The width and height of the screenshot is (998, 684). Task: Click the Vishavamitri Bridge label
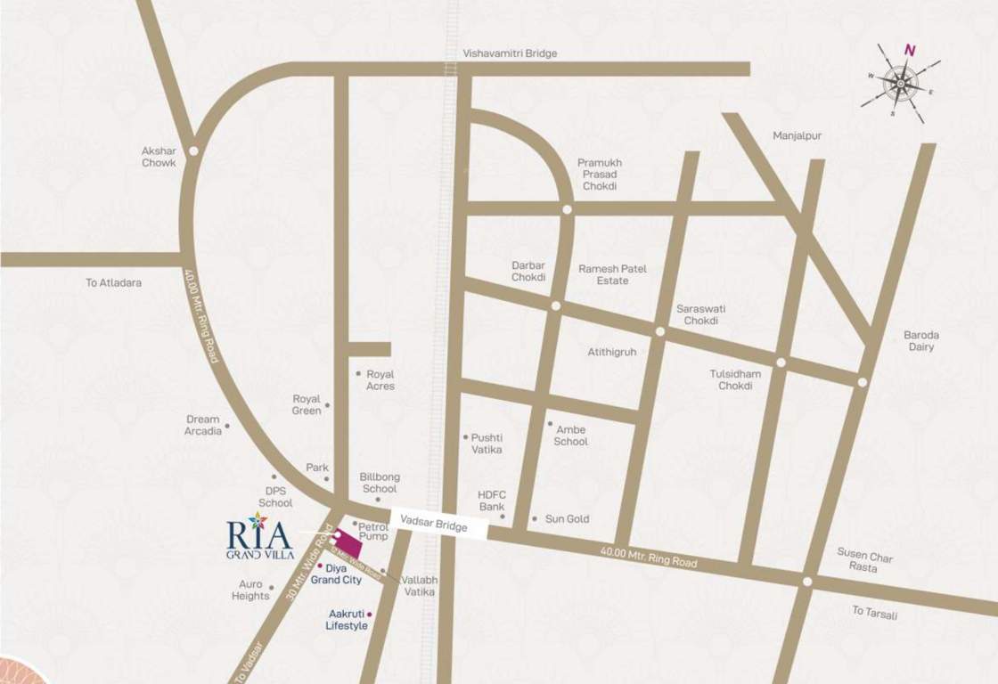(510, 53)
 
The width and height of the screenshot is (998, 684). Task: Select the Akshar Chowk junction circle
(193, 151)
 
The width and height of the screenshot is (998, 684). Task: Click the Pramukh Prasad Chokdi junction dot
(567, 209)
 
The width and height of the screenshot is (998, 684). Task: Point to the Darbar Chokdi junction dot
(555, 306)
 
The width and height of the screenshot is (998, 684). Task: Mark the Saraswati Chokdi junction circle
(660, 331)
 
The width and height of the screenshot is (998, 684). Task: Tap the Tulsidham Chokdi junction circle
(781, 362)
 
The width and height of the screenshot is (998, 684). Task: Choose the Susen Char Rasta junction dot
(806, 582)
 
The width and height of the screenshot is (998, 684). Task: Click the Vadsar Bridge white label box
(439, 527)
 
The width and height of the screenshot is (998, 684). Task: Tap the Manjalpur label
(798, 136)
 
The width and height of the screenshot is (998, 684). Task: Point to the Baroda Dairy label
(921, 341)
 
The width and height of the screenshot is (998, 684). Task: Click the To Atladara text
(113, 282)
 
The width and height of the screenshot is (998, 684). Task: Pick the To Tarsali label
(874, 612)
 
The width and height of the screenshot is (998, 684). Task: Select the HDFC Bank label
(491, 501)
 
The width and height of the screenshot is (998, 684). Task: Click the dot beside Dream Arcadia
(226, 426)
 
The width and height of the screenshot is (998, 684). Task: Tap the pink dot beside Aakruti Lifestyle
(369, 614)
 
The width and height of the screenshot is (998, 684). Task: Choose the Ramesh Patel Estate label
(612, 274)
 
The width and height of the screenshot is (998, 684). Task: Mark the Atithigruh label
(611, 352)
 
